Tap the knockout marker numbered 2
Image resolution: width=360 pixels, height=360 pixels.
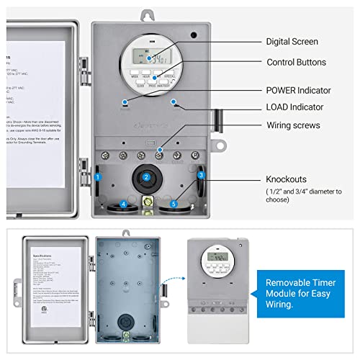coord(146,177)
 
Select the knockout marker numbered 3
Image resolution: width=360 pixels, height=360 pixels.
coord(201,174)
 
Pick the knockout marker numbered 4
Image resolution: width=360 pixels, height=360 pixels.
coord(123,204)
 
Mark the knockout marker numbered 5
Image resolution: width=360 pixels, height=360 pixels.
coord(172,204)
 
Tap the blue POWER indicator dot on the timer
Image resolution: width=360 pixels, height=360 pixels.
coord(125,102)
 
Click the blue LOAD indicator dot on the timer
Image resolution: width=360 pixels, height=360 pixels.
coord(174,102)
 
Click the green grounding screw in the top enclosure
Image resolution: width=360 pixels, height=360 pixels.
coord(149,202)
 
